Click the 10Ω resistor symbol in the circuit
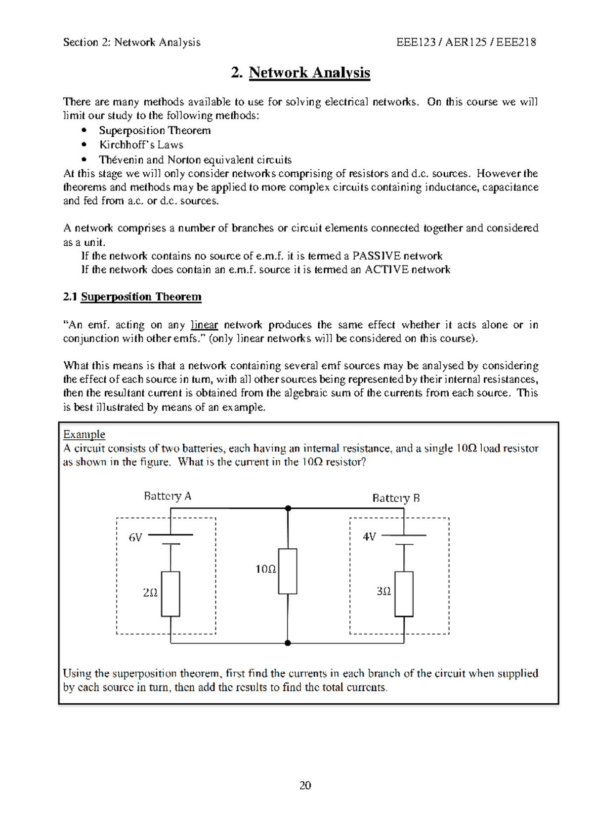pos(288,571)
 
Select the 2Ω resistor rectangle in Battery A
pos(170,594)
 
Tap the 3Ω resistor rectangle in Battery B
pos(404,594)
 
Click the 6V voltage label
pos(135,537)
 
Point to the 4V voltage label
pos(369,537)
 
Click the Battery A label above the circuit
pos(168,496)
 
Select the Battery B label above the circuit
pos(396,498)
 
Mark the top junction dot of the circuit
pos(288,508)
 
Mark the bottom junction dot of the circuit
pos(288,643)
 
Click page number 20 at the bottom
pos(305,786)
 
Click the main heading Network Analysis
pos(309,73)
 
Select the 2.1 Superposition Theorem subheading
pos(132,297)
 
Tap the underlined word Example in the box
pos(84,434)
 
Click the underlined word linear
pos(204,325)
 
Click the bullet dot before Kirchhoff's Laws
pos(85,145)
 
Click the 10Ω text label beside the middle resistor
pos(265,569)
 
